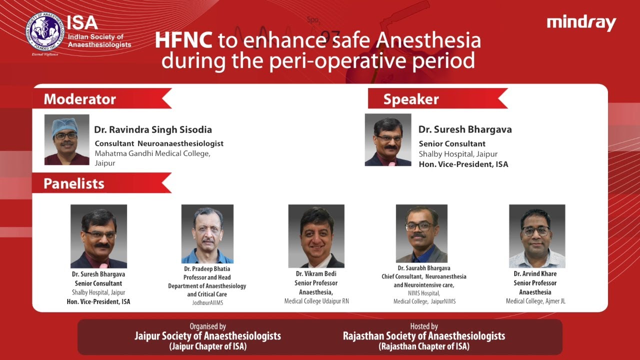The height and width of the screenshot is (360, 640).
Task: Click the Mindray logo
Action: point(581,23)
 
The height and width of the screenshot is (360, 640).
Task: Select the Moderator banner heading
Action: point(80,99)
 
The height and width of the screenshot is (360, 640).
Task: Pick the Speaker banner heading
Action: point(411,99)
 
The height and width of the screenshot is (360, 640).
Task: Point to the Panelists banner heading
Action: point(74,183)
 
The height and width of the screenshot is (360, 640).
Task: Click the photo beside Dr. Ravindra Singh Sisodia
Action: point(67,139)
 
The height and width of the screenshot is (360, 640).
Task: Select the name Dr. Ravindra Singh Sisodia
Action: point(153,130)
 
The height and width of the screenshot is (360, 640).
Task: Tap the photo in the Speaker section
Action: point(388,139)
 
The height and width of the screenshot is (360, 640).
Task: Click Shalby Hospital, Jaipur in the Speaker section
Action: point(458,154)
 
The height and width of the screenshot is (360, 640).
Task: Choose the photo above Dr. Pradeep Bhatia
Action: point(207,234)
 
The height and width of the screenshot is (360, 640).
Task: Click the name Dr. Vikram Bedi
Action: point(316,274)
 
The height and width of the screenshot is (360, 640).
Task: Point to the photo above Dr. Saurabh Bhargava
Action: point(421,233)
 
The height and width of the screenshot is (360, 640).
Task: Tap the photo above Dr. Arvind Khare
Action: point(537,236)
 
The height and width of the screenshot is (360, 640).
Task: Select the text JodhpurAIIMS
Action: point(207,303)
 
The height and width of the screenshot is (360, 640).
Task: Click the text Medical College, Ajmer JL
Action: point(535,301)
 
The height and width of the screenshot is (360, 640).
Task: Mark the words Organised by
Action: point(207,326)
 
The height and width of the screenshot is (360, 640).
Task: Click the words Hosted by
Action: point(424,326)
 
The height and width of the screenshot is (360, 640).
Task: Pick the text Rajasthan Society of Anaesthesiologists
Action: point(424,336)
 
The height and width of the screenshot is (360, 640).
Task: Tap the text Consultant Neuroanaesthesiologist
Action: point(159,143)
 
